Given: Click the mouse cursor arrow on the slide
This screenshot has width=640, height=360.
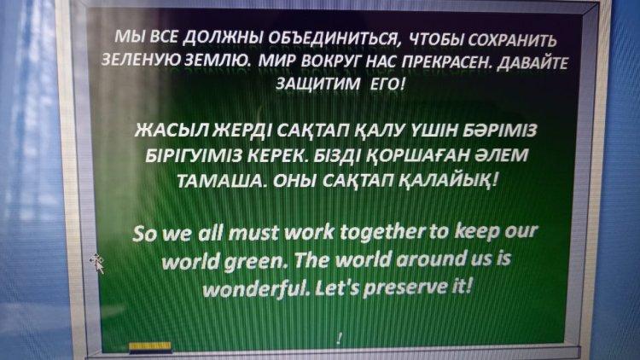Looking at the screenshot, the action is [97, 264].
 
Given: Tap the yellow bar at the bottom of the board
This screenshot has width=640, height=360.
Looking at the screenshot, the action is [150, 347].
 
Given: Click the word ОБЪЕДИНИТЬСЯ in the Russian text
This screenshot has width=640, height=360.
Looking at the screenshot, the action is [332, 38].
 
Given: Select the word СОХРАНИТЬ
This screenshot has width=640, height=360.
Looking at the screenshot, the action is [512, 40].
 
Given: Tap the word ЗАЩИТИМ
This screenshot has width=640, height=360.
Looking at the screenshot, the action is [318, 84].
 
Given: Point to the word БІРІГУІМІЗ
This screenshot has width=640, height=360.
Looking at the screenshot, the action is [195, 155].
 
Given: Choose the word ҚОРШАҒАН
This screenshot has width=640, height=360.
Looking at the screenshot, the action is [412, 155].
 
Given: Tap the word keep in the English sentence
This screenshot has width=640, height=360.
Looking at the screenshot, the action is [477, 231].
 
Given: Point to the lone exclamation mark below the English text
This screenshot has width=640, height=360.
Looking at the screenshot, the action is [340, 338].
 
